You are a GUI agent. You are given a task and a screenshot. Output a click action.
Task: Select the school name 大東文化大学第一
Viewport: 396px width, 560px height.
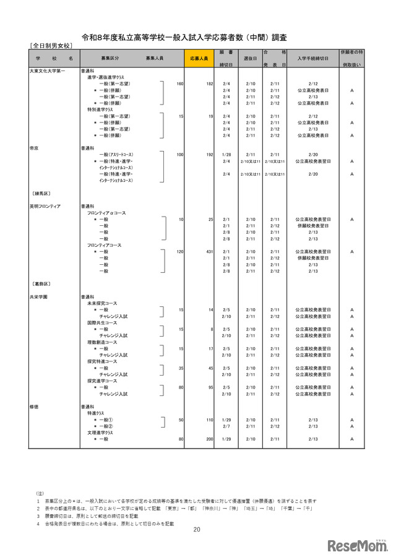click(x=47, y=71)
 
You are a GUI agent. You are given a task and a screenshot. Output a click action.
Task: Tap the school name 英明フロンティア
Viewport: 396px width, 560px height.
click(x=45, y=206)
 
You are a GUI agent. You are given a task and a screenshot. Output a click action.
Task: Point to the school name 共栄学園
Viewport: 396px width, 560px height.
click(x=38, y=296)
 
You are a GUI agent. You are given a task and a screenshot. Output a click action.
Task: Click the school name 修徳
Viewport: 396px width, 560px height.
click(x=35, y=407)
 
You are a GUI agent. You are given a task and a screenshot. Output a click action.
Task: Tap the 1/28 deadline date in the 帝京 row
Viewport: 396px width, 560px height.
click(x=226, y=155)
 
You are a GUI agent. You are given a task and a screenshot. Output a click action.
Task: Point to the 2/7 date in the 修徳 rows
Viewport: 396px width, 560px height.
click(x=226, y=426)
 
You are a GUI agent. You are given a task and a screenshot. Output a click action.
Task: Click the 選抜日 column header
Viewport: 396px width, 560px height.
click(x=251, y=58)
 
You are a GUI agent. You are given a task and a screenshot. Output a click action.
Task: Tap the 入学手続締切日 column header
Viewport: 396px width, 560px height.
click(x=312, y=58)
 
